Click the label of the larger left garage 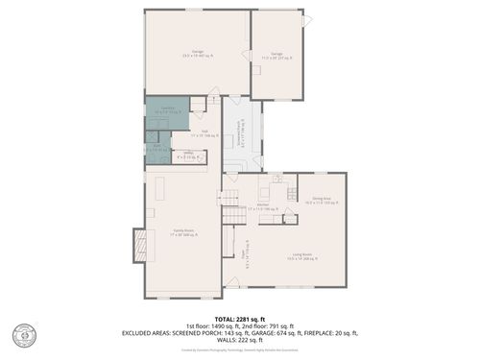coord(197,53)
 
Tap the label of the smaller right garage coord(276,56)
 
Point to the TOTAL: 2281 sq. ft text coord(239,318)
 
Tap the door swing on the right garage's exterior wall coord(307,21)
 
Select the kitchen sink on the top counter coord(276,180)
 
